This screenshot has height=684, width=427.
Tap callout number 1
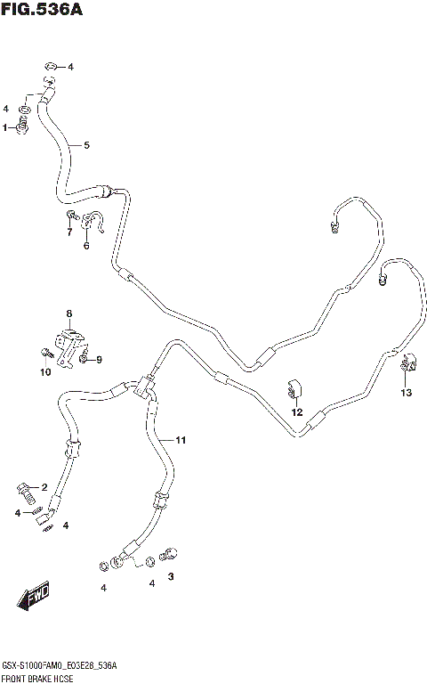(5, 127)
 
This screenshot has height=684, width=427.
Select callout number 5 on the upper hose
(87, 145)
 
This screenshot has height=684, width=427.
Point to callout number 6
(86, 246)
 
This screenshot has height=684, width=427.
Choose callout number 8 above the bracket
(68, 313)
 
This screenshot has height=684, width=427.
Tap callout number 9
(99, 359)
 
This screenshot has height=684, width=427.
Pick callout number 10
(44, 372)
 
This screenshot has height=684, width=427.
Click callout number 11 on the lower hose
(180, 440)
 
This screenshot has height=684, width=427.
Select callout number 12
(297, 412)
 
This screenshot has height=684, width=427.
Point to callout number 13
(407, 393)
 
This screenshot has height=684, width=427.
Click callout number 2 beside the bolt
(43, 486)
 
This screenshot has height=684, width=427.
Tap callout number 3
(171, 576)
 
